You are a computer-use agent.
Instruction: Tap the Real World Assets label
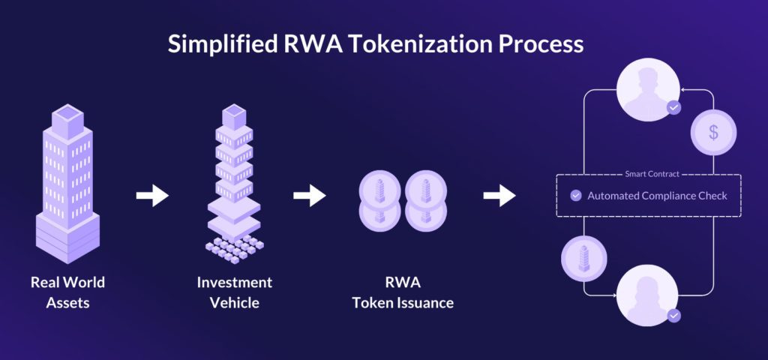67,292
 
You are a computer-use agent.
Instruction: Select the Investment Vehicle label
234,292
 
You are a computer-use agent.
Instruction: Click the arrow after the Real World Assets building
152,196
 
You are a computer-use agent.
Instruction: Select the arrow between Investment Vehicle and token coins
309,196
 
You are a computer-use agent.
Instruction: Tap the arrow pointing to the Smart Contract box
499,196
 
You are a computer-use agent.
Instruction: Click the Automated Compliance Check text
657,196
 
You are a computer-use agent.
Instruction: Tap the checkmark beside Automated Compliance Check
576,196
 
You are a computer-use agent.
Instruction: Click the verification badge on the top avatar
673,108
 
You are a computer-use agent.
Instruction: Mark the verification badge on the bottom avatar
673,316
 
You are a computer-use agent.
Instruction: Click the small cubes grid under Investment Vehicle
234,247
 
